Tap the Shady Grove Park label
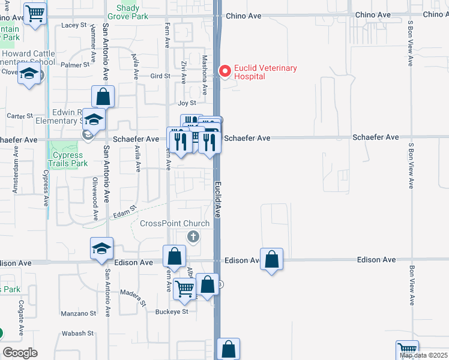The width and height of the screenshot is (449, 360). click(x=127, y=12)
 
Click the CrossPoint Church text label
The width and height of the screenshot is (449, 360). click(x=175, y=224)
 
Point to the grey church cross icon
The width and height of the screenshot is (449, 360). click(x=193, y=236)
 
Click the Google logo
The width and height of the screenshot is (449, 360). click(x=20, y=353)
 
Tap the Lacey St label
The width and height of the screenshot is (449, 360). click(x=74, y=25)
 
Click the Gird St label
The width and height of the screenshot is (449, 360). click(x=160, y=76)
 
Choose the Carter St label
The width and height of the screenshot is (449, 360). click(x=19, y=116)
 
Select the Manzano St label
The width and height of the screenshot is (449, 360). click(x=79, y=313)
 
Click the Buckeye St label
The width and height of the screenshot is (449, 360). click(x=172, y=311)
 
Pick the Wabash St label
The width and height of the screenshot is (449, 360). click(x=79, y=333)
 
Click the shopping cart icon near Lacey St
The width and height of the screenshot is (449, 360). click(x=35, y=13)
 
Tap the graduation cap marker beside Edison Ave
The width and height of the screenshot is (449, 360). click(x=102, y=248)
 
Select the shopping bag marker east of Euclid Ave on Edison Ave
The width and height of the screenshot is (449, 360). click(x=272, y=259)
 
